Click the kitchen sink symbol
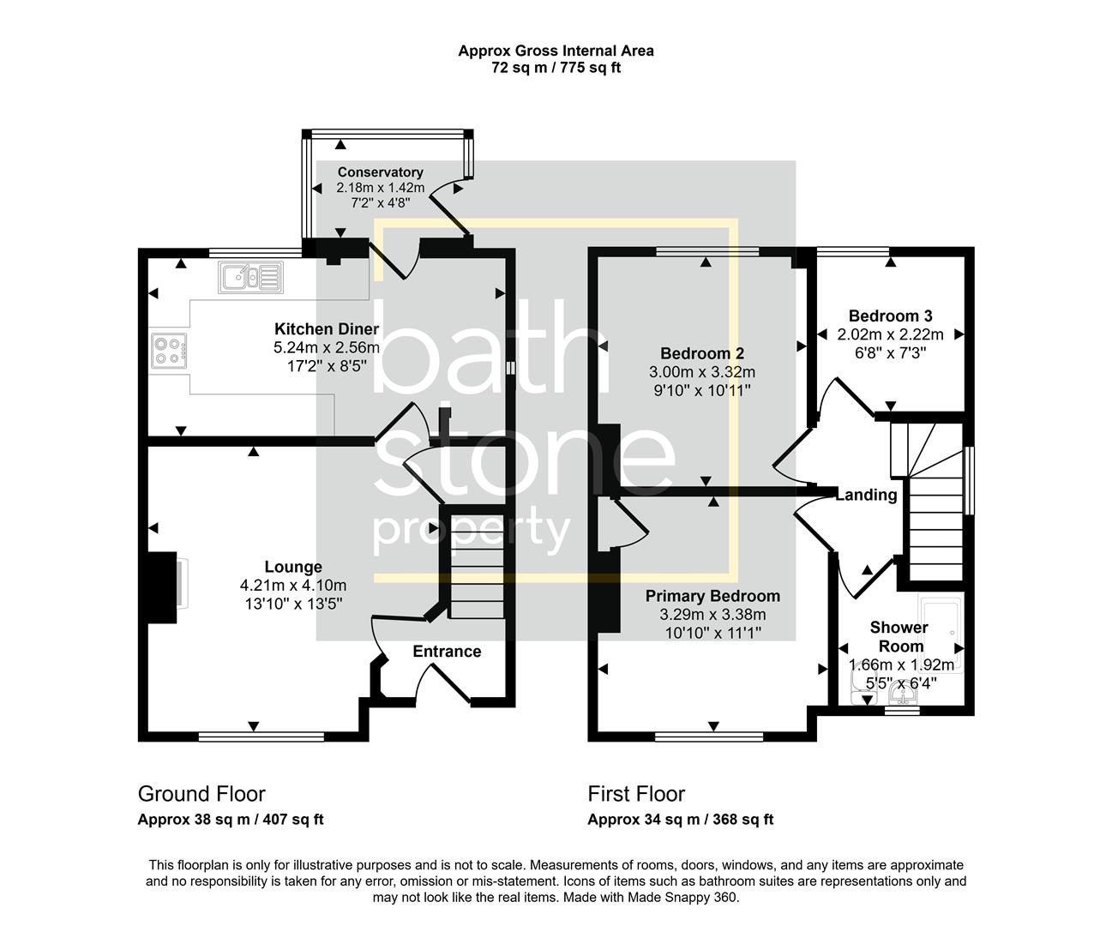pyautogui.click(x=250, y=277)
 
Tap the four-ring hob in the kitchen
pyautogui.click(x=169, y=351)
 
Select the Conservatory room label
pyautogui.click(x=381, y=172)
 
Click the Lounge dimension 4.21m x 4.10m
pyautogui.click(x=293, y=586)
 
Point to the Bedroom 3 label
pyautogui.click(x=891, y=316)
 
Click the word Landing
pyautogui.click(x=867, y=496)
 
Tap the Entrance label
pyautogui.click(x=447, y=652)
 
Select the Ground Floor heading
pyautogui.click(x=201, y=794)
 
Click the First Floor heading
pyautogui.click(x=636, y=794)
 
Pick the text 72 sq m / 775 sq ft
pyautogui.click(x=556, y=68)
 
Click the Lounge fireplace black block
pyautogui.click(x=162, y=587)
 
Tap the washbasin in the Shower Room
pyautogui.click(x=903, y=694)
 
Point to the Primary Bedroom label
pyautogui.click(x=712, y=596)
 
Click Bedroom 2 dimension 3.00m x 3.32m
pyautogui.click(x=702, y=371)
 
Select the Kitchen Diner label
pyautogui.click(x=327, y=328)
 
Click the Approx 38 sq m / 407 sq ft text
pyautogui.click(x=231, y=820)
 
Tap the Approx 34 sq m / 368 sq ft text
pyautogui.click(x=681, y=820)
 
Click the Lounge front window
pyautogui.click(x=261, y=737)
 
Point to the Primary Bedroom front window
pyautogui.click(x=709, y=737)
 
